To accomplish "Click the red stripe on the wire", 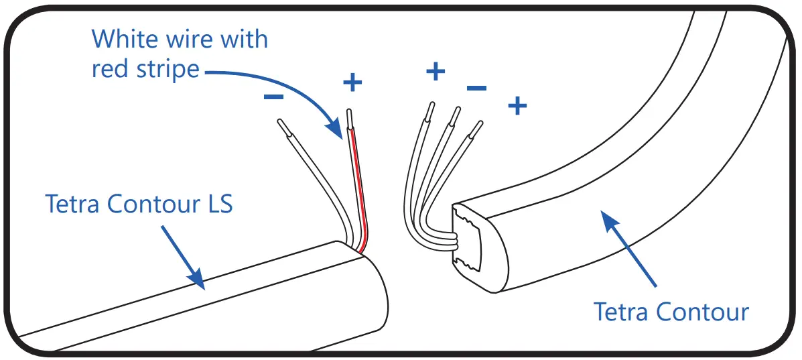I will coord(358,188).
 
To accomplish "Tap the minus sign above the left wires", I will coord(273,97).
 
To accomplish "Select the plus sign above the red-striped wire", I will coord(352,82).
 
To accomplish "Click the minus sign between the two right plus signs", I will coord(476,88).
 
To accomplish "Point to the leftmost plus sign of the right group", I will coord(436,70).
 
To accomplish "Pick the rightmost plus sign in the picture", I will coord(517,105).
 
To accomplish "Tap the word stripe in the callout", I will coord(167,68).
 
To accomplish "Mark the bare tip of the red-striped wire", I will coord(349,116).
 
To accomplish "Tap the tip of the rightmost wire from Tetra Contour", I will coord(478,128).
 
